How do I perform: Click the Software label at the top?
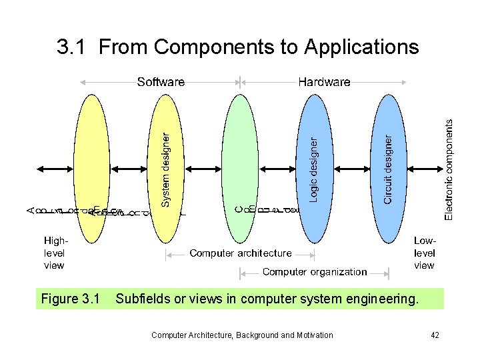[x=161, y=82]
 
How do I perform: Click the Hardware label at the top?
[x=324, y=82]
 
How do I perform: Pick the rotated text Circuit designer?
[x=388, y=169]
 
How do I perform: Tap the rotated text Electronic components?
[x=450, y=169]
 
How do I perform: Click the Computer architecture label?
[x=241, y=253]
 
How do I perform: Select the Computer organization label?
[x=315, y=272]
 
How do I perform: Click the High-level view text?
[x=54, y=253]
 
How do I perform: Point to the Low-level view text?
[x=425, y=253]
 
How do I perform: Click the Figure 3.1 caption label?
[x=71, y=299]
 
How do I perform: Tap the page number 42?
[x=435, y=335]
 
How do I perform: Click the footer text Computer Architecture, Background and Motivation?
[x=242, y=335]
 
